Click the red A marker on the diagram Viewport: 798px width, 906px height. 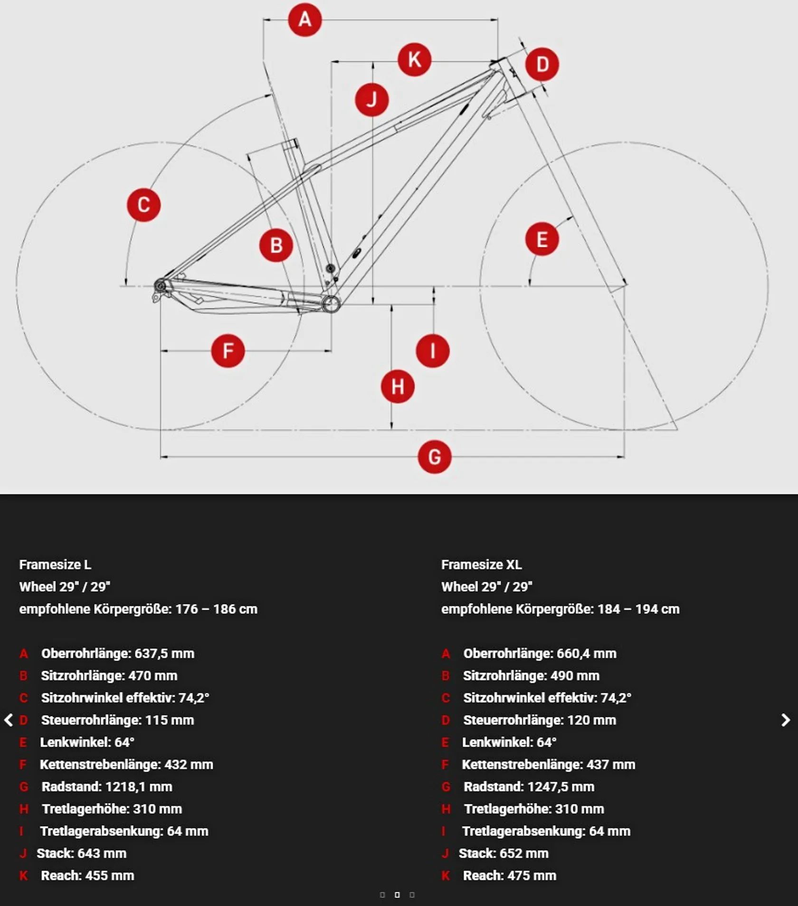305,20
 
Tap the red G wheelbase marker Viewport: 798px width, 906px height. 434,457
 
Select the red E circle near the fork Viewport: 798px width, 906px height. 542,239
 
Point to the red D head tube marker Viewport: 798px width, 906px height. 542,64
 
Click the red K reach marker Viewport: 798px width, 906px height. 414,60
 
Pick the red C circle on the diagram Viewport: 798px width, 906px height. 143,205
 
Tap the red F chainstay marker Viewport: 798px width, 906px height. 228,351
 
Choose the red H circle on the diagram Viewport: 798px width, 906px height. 398,387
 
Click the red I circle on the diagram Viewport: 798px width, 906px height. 432,351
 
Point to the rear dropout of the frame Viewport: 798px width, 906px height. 160,287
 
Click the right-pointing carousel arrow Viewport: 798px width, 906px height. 786,720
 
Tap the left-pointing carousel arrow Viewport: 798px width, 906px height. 9,720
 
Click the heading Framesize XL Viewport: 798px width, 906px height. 481,565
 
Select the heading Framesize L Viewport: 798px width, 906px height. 55,565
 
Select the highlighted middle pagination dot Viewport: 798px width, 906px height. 397,895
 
